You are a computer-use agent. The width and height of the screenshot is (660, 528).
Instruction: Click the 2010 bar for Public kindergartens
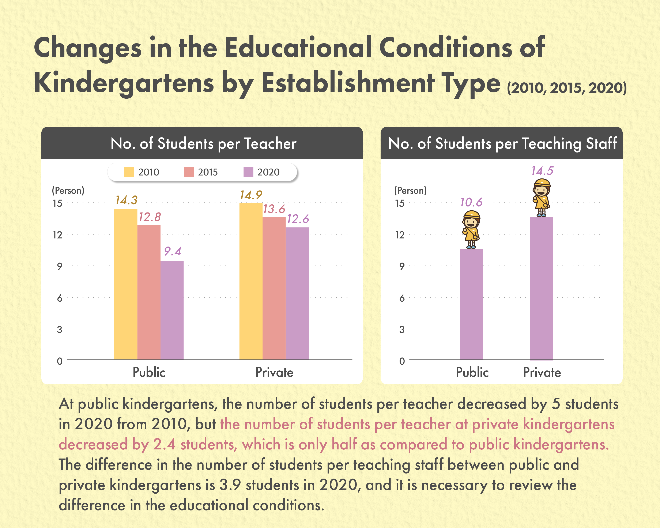(x=126, y=284)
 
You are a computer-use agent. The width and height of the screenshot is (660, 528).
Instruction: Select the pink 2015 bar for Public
(x=149, y=292)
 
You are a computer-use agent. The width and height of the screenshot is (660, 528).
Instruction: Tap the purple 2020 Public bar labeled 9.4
(x=172, y=310)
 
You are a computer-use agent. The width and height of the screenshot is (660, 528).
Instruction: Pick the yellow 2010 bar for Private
(x=251, y=281)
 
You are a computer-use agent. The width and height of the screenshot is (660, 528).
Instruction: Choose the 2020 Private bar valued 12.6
(x=297, y=293)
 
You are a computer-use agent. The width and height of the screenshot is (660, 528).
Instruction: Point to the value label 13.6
(x=274, y=209)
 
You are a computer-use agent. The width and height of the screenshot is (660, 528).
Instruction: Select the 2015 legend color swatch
(x=189, y=172)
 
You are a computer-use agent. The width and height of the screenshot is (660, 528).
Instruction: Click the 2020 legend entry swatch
(x=248, y=172)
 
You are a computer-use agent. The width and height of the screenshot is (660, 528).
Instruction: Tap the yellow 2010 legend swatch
(x=129, y=172)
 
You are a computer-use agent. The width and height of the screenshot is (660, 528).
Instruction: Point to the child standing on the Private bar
(x=542, y=198)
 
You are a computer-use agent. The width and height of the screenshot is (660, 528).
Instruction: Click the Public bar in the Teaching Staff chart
(x=471, y=304)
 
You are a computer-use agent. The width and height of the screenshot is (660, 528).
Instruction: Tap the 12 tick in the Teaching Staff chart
(x=400, y=235)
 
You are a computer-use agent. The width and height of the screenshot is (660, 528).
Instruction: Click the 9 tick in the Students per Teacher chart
(x=59, y=266)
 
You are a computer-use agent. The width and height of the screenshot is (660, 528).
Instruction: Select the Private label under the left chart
(x=274, y=372)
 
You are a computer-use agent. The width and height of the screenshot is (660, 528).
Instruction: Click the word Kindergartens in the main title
(x=124, y=83)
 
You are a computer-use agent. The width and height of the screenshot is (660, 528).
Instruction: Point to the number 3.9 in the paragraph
(x=230, y=485)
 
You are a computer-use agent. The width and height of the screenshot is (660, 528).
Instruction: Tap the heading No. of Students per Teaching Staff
(x=503, y=143)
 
